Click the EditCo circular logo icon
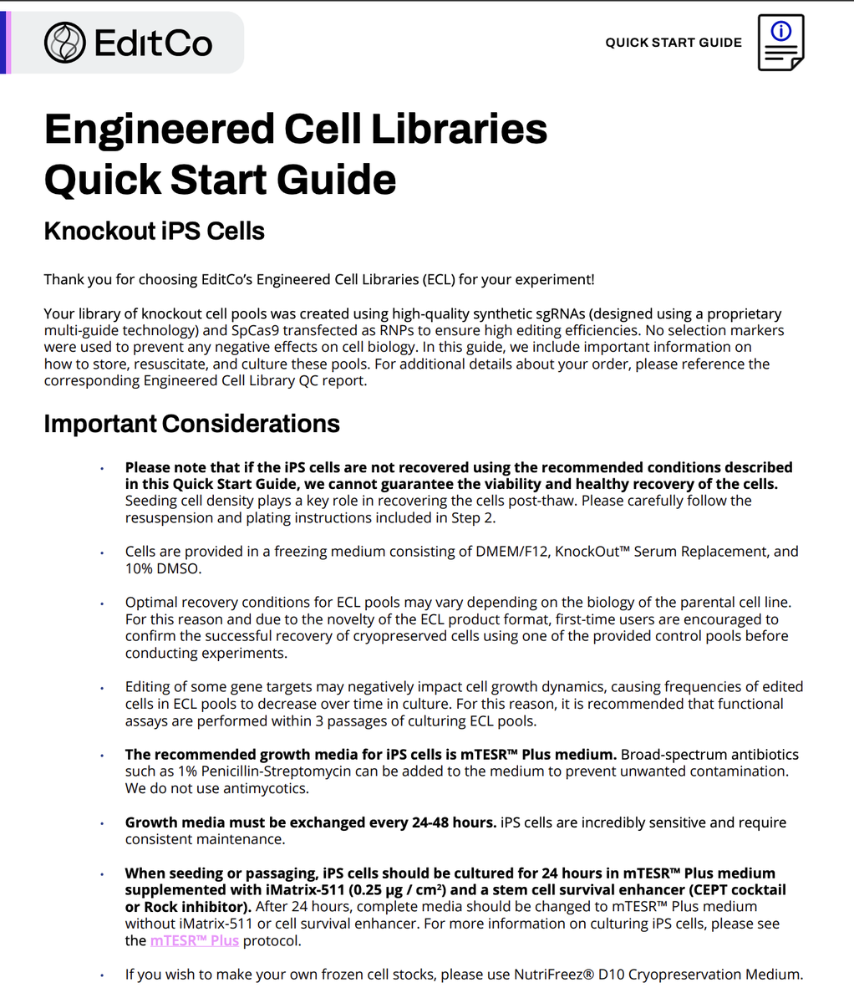click(x=65, y=43)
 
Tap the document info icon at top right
click(x=780, y=42)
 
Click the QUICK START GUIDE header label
click(x=674, y=43)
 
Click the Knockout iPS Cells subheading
click(x=154, y=231)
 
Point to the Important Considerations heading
click(x=191, y=424)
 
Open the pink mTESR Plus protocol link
click(x=195, y=940)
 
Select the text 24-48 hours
click(x=454, y=822)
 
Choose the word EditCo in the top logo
click(x=154, y=43)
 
